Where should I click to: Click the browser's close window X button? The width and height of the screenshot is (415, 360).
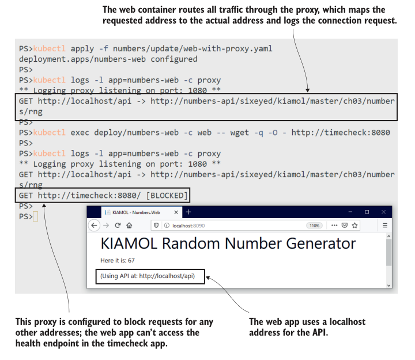(384, 212)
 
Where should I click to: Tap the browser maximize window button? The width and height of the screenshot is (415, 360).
(367, 212)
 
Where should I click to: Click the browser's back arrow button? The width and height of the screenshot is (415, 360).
(95, 226)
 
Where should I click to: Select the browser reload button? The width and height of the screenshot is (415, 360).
(118, 226)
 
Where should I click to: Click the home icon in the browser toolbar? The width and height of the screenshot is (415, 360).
(129, 226)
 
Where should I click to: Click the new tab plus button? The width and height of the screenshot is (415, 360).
(188, 212)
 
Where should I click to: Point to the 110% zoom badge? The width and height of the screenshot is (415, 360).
(314, 226)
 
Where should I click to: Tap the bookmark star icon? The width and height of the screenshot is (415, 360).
(355, 226)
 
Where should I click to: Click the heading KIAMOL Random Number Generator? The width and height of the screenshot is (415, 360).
(228, 243)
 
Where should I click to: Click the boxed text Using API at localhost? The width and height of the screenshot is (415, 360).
(148, 276)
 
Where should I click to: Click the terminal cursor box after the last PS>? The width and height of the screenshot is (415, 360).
(36, 216)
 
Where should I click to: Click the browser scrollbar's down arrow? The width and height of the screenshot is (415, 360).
(388, 285)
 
